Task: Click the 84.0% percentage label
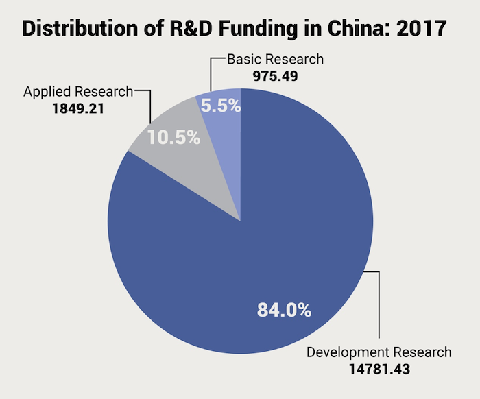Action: pyautogui.click(x=285, y=310)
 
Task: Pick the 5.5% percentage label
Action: pyautogui.click(x=219, y=107)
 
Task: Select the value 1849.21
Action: pyautogui.click(x=77, y=108)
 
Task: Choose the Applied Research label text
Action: pyautogui.click(x=78, y=92)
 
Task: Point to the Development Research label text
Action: pyautogui.click(x=379, y=353)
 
